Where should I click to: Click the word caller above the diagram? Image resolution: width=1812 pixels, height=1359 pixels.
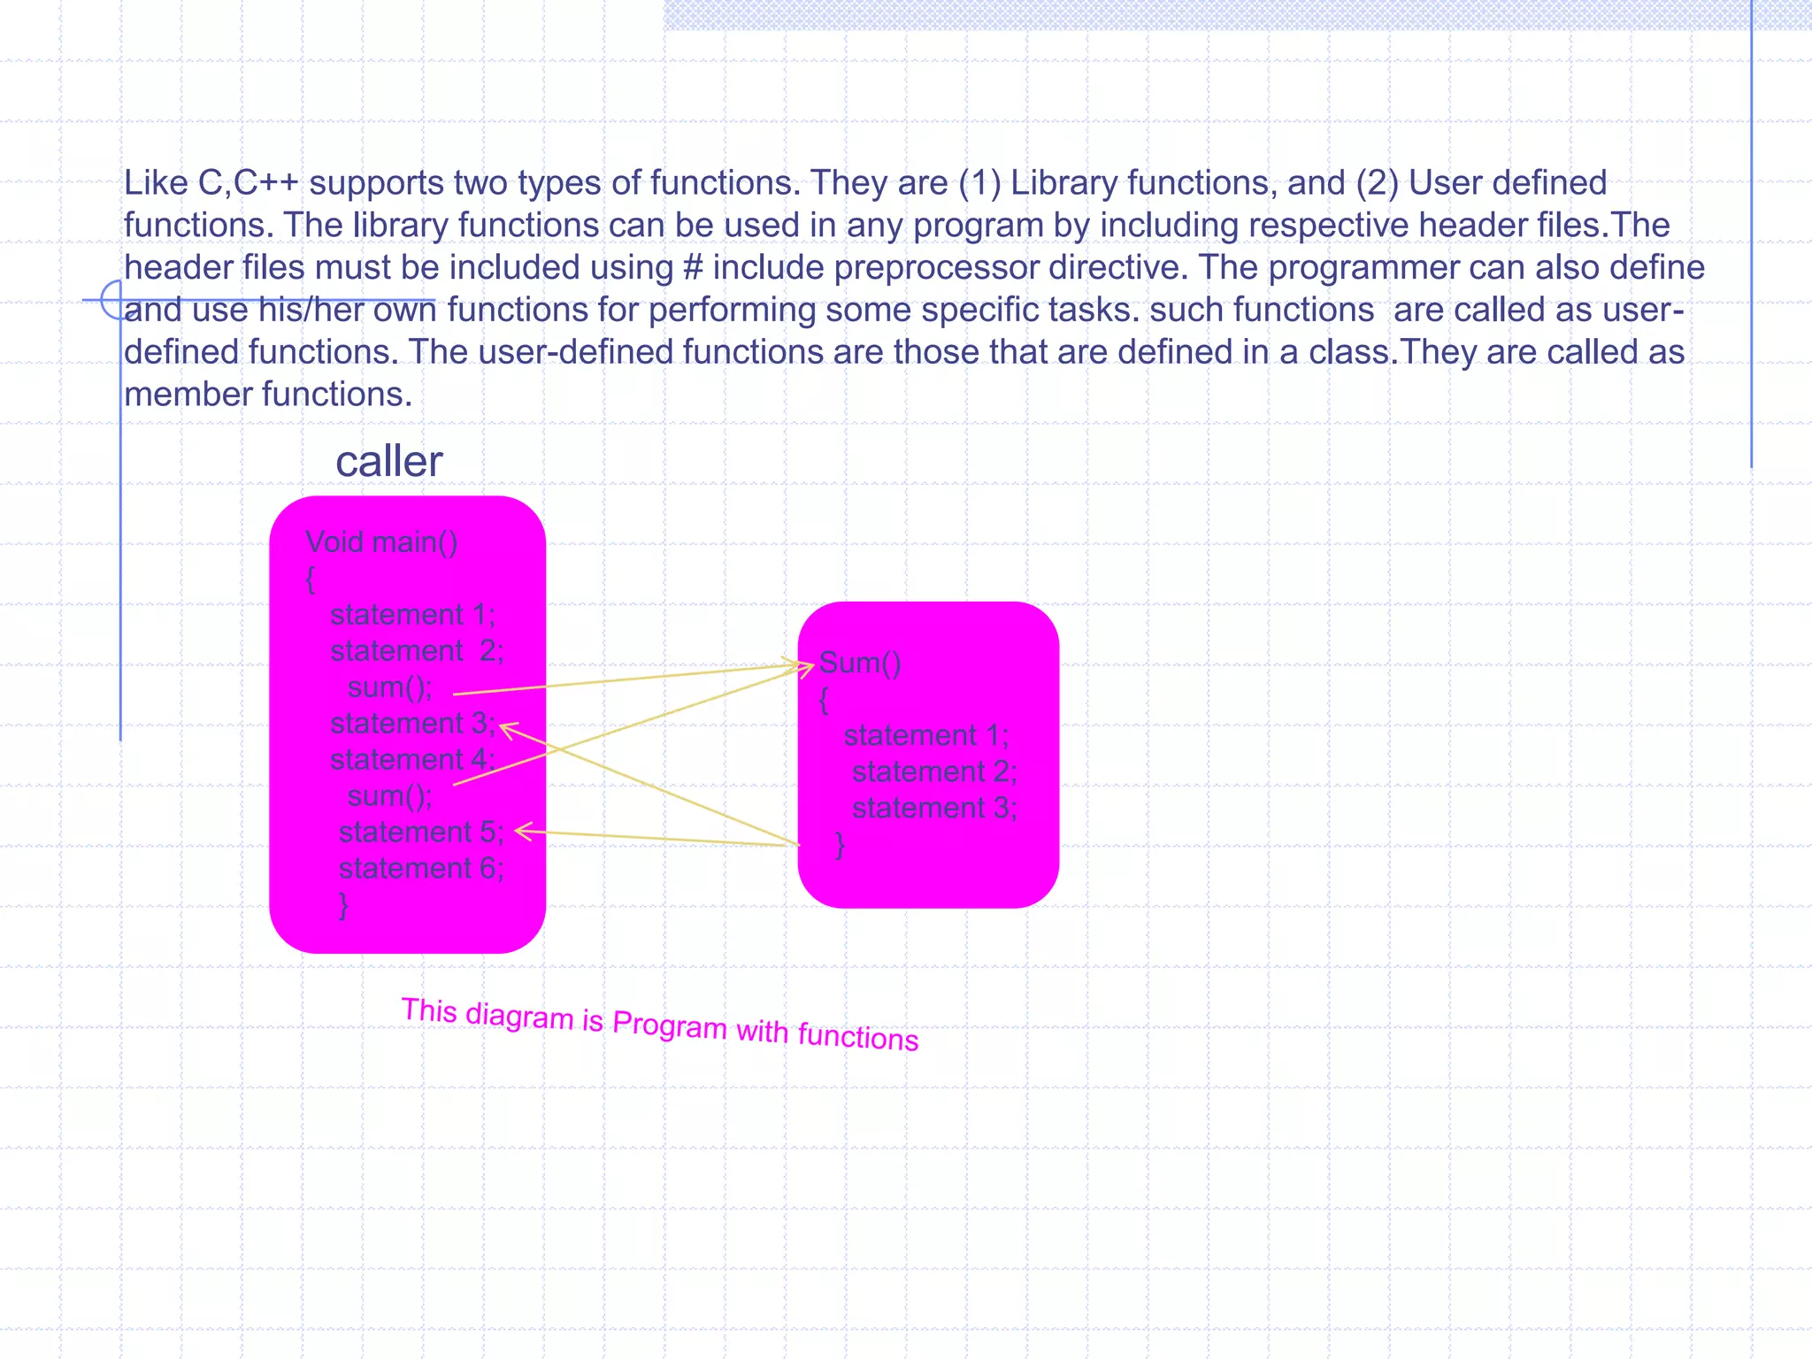pos(388,462)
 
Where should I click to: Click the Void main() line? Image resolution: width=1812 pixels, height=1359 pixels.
pos(381,541)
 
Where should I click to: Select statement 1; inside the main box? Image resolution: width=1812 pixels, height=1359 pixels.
pos(412,614)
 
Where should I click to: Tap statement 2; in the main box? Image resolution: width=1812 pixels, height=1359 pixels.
pos(416,650)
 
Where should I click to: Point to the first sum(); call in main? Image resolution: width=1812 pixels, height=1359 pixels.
pos(389,687)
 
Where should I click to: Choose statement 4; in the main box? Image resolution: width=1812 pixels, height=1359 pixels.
pos(411,759)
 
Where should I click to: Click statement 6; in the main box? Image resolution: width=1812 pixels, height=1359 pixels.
pos(420,868)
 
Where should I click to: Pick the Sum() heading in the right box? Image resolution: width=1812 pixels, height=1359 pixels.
pos(859,663)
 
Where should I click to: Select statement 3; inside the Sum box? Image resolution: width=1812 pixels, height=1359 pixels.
pos(933,808)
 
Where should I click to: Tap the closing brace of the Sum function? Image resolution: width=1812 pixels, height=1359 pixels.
pos(840,845)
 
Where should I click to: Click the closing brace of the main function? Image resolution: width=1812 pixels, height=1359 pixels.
pos(343,905)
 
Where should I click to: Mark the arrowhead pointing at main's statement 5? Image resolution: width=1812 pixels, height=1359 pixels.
pos(521,831)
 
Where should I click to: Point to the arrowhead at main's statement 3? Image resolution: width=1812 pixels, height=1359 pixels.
pos(505,728)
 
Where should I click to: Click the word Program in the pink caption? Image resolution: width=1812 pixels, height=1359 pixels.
pos(669,1025)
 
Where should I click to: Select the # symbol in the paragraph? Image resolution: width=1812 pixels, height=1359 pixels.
pos(693,267)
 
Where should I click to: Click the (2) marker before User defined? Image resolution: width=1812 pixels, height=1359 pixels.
pos(1376,183)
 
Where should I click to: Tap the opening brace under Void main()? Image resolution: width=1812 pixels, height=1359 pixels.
pos(310,579)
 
